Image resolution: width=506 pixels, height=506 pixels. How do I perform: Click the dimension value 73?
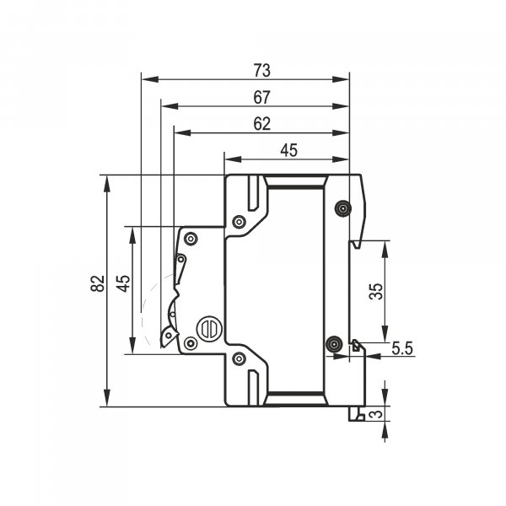261,71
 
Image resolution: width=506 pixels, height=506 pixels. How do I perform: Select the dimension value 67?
261,98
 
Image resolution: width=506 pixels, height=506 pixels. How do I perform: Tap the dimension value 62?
261,124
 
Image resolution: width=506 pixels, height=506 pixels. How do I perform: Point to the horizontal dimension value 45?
288,150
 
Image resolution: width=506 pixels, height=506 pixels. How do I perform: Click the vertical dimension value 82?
98,283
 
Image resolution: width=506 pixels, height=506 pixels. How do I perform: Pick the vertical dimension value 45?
124,283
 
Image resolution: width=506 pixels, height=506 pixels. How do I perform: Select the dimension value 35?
376,292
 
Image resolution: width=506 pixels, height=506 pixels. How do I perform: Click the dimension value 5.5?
402,348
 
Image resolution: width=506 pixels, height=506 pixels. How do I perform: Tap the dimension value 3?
376,413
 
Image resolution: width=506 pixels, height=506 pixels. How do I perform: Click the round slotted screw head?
209,329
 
